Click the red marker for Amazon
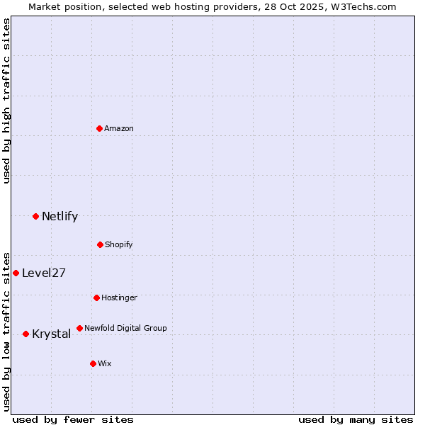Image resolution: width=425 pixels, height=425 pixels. (x=99, y=128)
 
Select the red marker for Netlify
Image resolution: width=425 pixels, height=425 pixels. (x=35, y=216)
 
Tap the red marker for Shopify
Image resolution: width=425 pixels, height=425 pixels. (x=100, y=244)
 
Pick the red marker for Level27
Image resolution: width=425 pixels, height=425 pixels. (x=16, y=273)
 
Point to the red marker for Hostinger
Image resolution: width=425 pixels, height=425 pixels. (x=96, y=297)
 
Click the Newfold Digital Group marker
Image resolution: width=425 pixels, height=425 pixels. (x=79, y=328)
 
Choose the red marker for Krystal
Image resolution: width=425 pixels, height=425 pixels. (x=25, y=334)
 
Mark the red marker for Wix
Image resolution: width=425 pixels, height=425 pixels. (x=93, y=363)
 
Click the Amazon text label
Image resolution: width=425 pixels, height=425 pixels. (x=119, y=128)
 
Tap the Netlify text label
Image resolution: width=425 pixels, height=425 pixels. (x=59, y=217)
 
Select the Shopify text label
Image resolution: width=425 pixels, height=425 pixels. (x=119, y=244)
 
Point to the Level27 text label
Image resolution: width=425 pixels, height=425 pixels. (x=44, y=273)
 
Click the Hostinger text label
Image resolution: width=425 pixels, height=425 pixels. (x=119, y=297)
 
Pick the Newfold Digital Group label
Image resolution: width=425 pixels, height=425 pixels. (x=125, y=328)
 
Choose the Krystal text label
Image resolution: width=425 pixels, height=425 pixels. (x=51, y=334)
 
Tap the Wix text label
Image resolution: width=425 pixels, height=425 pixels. (x=105, y=363)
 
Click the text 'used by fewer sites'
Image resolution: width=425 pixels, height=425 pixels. (x=73, y=419)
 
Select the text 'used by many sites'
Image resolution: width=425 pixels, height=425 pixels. (x=356, y=419)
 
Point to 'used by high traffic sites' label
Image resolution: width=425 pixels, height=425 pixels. (x=6, y=101)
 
